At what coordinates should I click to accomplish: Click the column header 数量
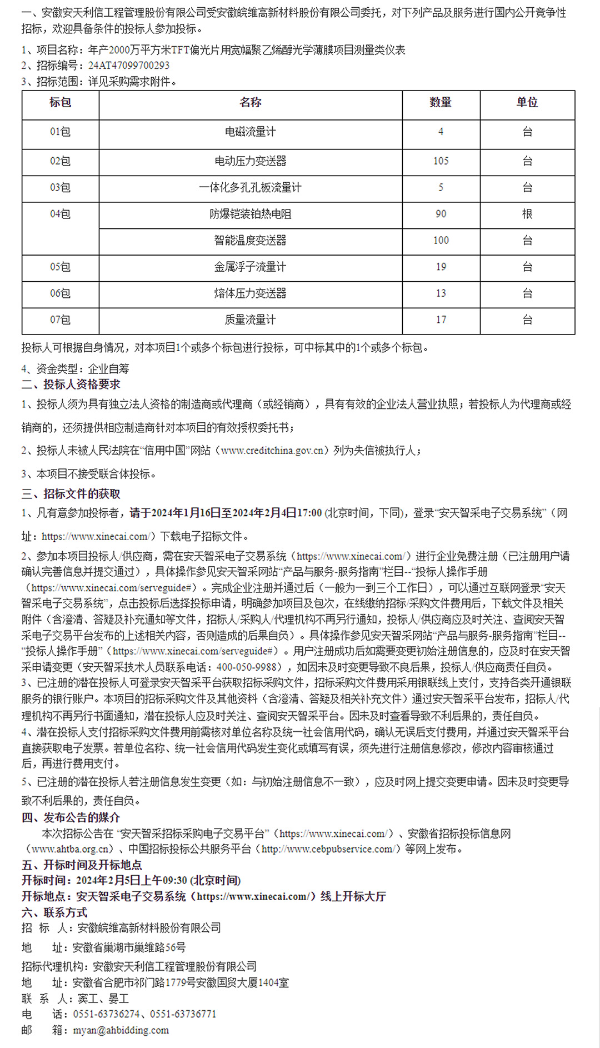(441, 103)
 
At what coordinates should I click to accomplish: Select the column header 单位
(527, 103)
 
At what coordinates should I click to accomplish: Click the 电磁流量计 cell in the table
(250, 132)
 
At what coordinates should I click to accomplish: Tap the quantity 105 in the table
(441, 161)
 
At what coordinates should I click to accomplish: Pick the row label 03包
(60, 188)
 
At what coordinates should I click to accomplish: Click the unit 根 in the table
(527, 214)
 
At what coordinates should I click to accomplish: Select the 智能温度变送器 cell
(250, 241)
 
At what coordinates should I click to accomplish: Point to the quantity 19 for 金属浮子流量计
(441, 267)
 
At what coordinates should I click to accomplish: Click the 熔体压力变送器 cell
(250, 293)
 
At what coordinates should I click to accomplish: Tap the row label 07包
(60, 320)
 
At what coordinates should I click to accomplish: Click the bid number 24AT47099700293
(129, 66)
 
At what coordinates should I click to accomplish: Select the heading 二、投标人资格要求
(71, 385)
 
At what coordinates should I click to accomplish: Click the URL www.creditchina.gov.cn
(272, 451)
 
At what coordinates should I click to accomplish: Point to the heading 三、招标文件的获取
(71, 494)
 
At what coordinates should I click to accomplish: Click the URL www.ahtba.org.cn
(71, 850)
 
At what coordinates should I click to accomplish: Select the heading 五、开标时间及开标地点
(82, 865)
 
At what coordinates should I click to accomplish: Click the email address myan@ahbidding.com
(121, 1030)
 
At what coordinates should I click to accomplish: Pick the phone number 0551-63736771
(183, 1014)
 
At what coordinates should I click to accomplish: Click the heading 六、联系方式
(54, 912)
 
